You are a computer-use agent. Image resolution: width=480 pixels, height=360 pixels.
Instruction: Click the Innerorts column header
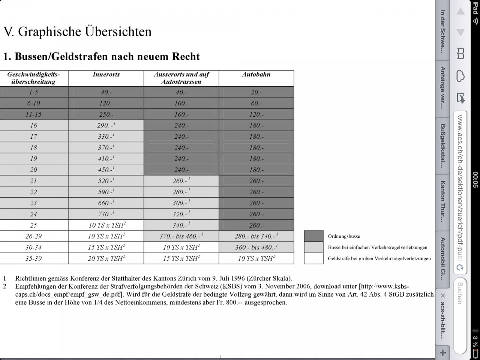106,74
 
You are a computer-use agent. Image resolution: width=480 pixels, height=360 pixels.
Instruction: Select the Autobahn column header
256,74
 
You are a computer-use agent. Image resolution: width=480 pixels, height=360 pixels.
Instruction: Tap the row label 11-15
33,114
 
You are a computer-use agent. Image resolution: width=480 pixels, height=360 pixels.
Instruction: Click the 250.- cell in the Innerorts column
106,114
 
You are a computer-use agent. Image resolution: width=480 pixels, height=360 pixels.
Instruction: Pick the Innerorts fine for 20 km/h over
106,170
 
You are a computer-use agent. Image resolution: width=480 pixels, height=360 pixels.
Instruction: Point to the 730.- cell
106,214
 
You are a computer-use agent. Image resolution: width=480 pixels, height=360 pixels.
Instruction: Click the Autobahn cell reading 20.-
256,92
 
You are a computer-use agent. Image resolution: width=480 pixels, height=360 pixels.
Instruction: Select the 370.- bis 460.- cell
181,236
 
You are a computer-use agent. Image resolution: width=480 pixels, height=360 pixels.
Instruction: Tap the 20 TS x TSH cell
106,258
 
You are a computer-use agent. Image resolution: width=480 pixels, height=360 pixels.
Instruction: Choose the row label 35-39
33,258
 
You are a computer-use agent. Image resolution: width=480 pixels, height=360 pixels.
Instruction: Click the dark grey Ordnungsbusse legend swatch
313,236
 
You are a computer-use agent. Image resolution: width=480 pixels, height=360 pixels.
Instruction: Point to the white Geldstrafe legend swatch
313,258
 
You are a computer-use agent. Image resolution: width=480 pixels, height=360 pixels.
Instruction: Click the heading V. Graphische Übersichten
77,31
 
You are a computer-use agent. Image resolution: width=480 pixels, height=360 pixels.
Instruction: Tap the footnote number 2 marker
5,286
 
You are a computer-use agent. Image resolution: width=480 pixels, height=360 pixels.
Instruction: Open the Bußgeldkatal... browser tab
443,145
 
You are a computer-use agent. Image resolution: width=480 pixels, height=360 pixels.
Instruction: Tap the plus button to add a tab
443,352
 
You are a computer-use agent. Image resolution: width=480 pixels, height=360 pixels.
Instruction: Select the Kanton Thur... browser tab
443,201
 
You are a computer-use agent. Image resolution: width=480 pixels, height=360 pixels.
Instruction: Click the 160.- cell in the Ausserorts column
181,114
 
